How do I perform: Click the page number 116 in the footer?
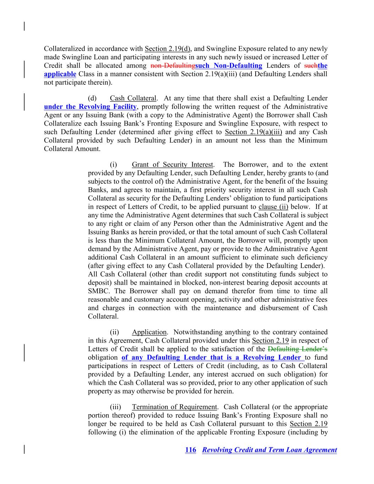[x=190, y=450]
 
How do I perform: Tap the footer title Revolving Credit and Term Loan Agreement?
[x=269, y=450]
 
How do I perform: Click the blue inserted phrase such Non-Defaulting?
[x=229, y=66]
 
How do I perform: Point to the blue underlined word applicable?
[x=60, y=74]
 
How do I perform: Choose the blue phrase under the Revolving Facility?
[x=90, y=107]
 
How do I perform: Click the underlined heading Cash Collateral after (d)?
[x=133, y=98]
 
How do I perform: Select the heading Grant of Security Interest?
[x=172, y=165]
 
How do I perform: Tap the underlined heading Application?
[x=149, y=332]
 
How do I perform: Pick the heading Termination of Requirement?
[x=174, y=407]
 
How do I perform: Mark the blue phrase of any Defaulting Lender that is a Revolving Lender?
[x=212, y=357]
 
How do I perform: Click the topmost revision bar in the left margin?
[x=24, y=26]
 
